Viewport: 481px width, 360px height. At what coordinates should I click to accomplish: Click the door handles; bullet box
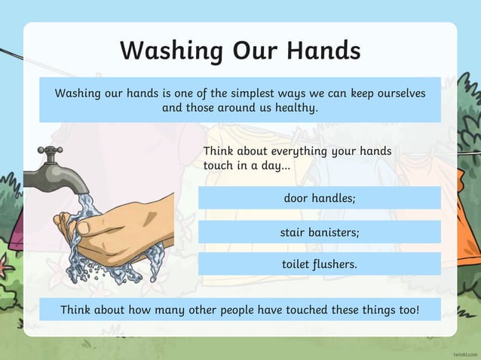click(x=319, y=198)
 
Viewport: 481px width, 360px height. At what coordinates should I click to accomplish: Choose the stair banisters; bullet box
click(x=319, y=232)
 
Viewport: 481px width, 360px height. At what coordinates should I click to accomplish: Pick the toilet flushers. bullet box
click(x=319, y=264)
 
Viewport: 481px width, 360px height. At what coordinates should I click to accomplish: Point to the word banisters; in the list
click(x=333, y=232)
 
